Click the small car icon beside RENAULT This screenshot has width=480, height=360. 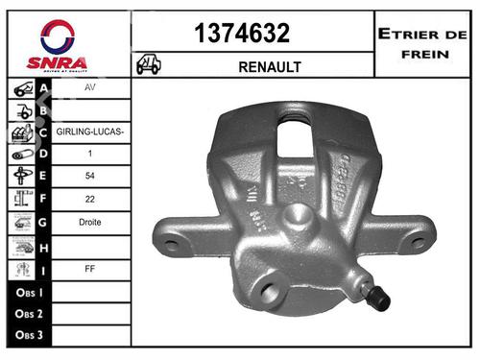point(149,64)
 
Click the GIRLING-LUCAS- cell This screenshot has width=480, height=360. point(91,131)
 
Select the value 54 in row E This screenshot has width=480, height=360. point(91,177)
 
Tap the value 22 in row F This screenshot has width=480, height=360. point(91,200)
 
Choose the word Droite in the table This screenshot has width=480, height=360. point(91,222)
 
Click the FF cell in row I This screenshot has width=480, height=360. point(91,269)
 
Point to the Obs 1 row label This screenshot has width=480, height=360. point(32,290)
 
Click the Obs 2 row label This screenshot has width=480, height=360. point(32,313)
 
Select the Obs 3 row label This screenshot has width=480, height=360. point(32,335)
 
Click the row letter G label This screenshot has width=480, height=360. point(44,222)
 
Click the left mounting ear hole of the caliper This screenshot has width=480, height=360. point(172,245)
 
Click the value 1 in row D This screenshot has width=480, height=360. point(91,154)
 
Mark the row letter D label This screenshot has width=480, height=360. point(44,154)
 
